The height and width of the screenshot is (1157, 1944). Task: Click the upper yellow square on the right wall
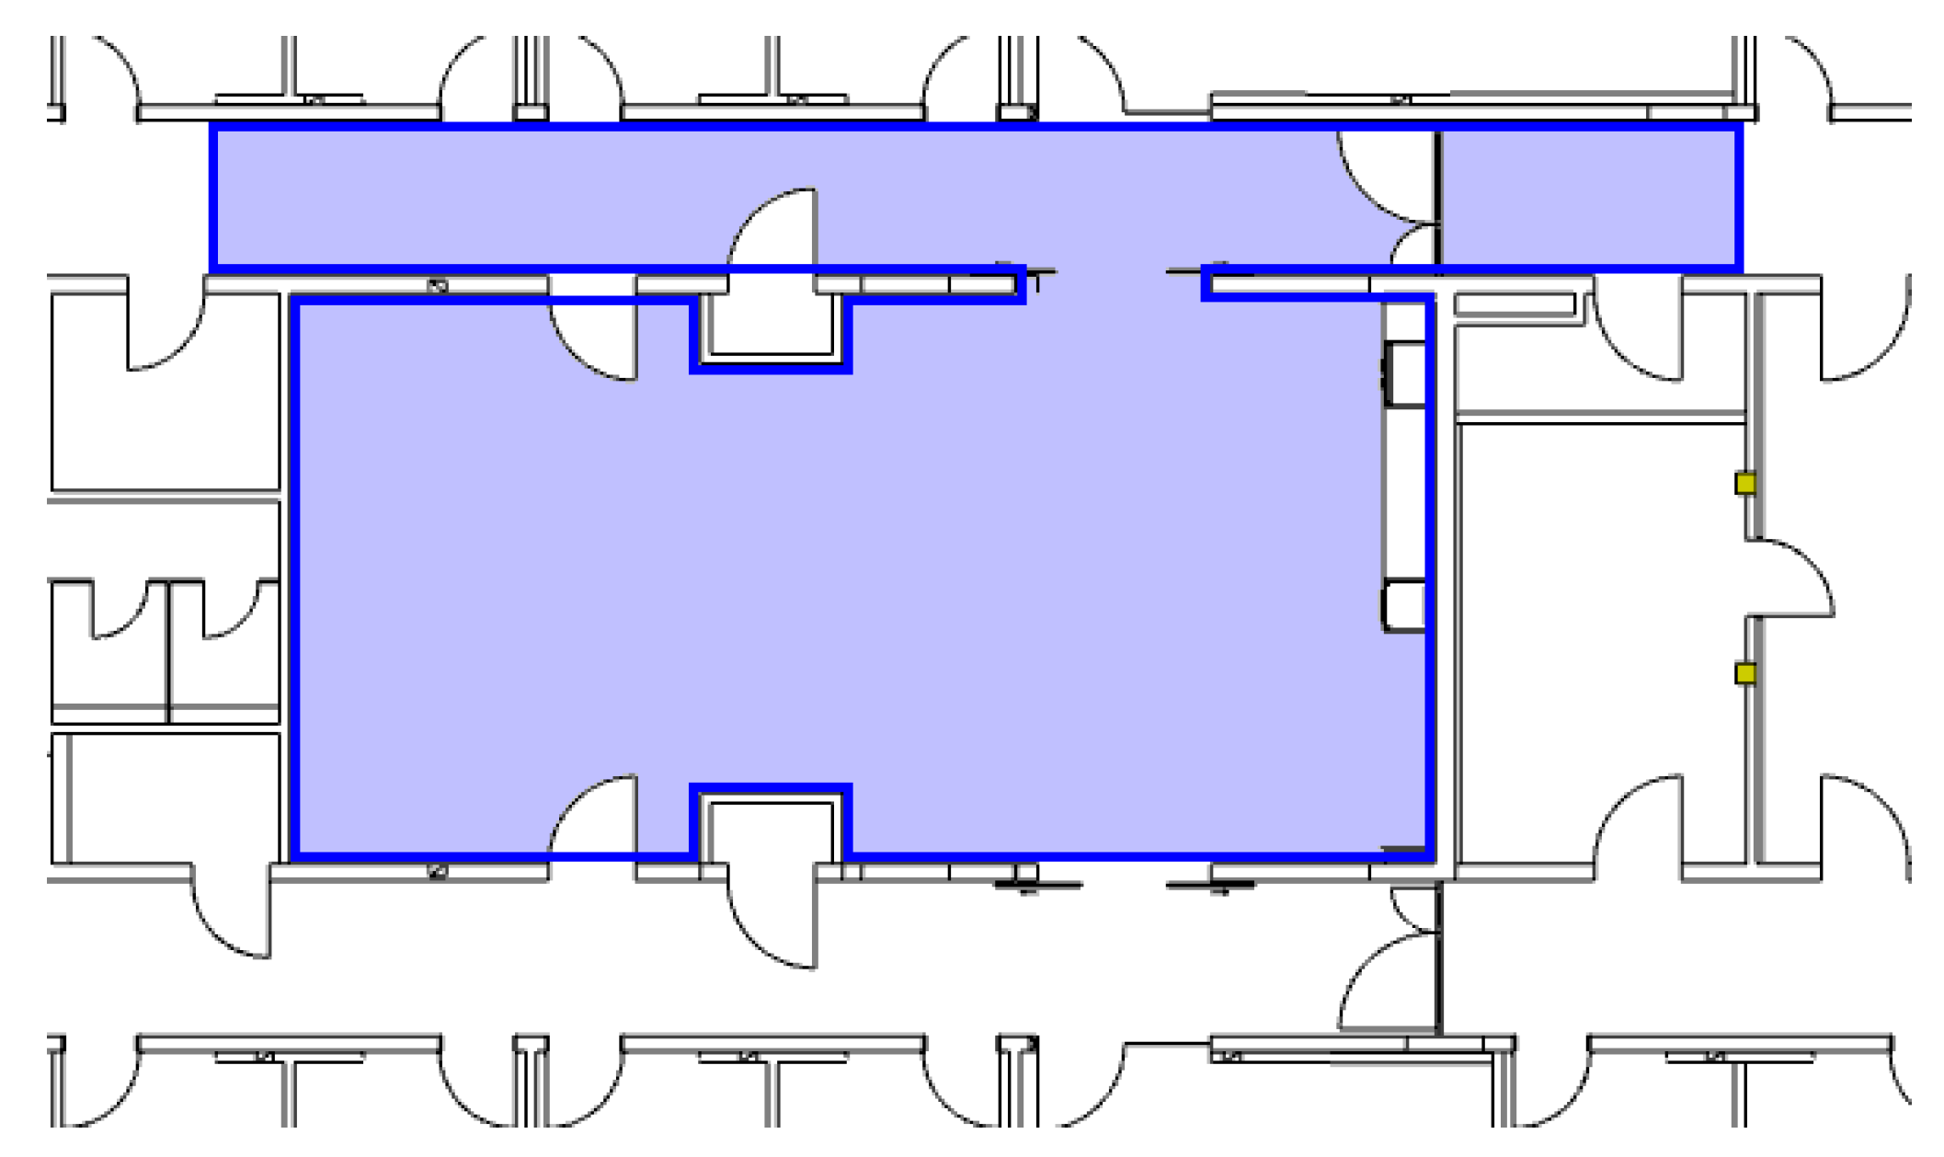(x=1744, y=484)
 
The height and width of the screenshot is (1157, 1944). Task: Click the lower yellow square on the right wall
(x=1744, y=674)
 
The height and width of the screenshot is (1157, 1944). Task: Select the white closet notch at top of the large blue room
(x=771, y=324)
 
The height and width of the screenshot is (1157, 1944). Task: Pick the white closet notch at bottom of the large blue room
(x=771, y=831)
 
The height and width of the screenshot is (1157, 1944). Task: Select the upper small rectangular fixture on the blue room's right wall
(x=1404, y=373)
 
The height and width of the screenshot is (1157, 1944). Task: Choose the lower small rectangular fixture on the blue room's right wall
(x=1404, y=605)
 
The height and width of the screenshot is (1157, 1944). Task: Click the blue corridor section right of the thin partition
(x=1589, y=197)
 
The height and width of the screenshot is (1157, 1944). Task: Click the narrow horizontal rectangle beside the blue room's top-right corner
(x=1514, y=304)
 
